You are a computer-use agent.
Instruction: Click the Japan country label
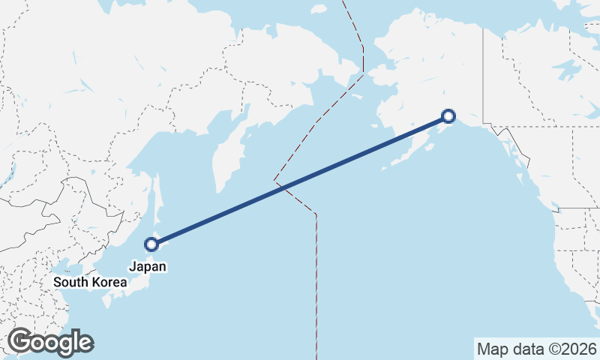[x=147, y=266]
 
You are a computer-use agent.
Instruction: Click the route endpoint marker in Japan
[x=151, y=244]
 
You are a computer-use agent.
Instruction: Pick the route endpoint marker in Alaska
[x=448, y=115]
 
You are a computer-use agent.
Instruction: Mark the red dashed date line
[x=316, y=285]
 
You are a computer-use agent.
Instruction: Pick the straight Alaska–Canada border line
[x=483, y=75]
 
